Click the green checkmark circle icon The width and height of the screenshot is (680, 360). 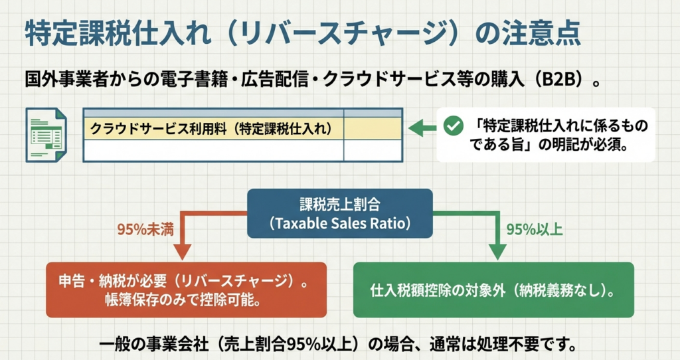[453, 126]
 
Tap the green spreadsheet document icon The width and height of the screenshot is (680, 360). [46, 135]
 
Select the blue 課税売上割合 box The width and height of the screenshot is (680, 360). [339, 213]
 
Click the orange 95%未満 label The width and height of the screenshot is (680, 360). [145, 229]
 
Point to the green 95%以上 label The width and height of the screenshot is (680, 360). [535, 229]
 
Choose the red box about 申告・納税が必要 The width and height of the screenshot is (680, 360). [186, 290]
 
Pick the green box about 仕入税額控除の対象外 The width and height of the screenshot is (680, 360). [493, 290]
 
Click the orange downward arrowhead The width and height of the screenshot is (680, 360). [182, 252]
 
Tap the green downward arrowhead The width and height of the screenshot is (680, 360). [497, 252]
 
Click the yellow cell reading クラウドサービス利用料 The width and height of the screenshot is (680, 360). [213, 129]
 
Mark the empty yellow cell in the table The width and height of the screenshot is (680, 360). [373, 129]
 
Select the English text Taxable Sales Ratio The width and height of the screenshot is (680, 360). [339, 223]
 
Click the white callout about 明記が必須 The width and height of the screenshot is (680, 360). [546, 135]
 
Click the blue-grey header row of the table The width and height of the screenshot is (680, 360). [243, 113]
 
